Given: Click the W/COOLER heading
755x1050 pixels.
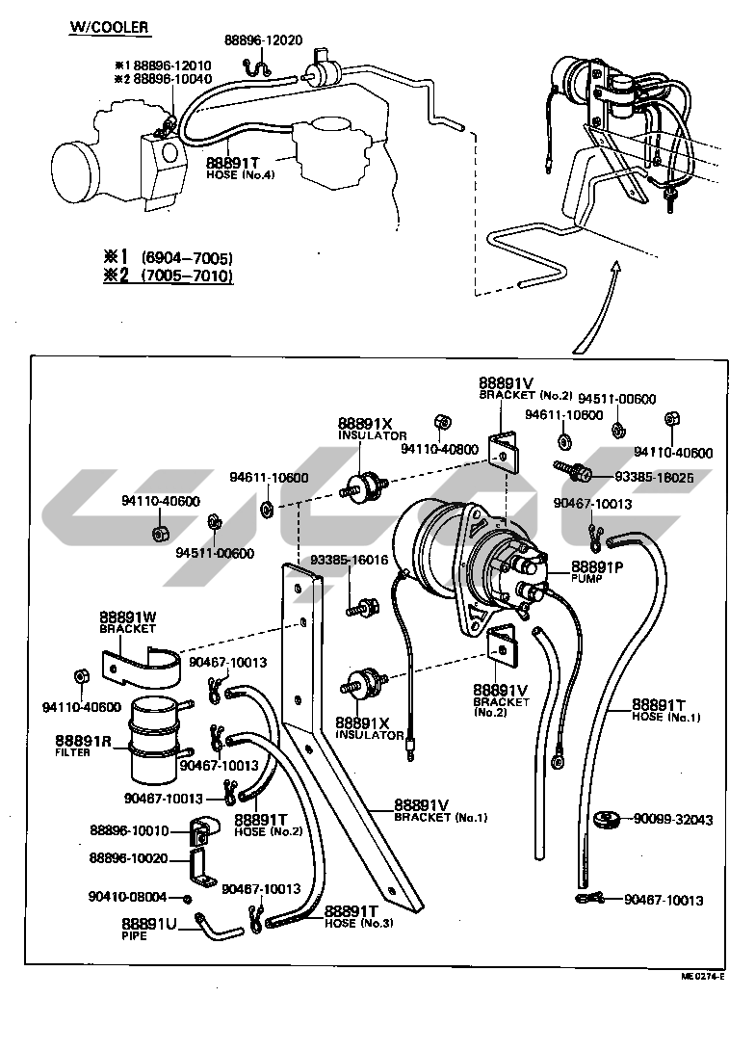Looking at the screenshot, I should pos(108,27).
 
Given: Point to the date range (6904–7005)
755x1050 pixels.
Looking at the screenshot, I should pos(187,258).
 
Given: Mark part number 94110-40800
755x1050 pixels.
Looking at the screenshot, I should pos(439,449).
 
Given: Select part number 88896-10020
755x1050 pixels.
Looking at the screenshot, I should pos(129,857).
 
